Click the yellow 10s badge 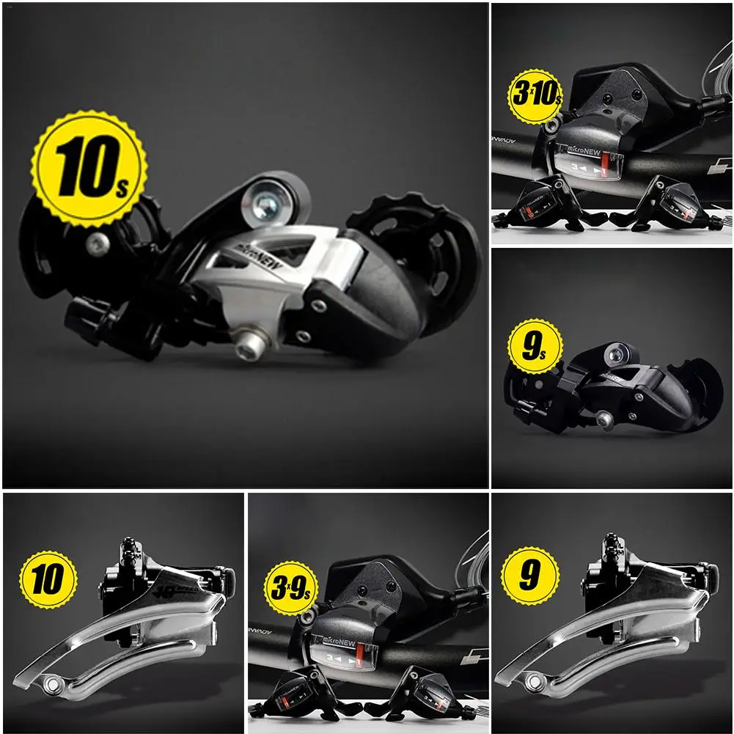(89, 169)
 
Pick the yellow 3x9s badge (291, 587)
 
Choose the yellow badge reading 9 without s (529, 575)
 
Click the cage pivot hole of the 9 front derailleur (533, 686)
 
